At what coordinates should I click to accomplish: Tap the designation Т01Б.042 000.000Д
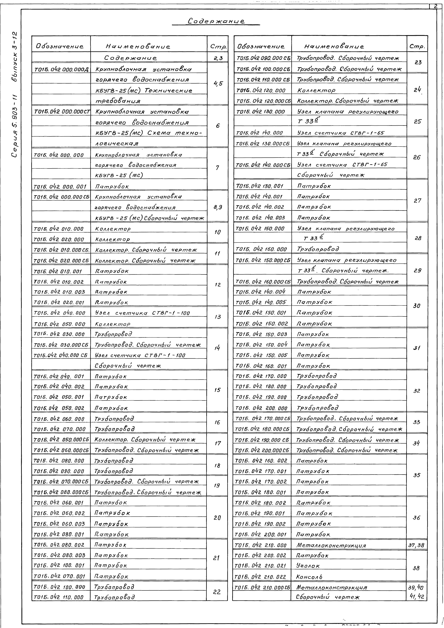[61, 69]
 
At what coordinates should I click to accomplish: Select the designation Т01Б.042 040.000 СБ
[60, 355]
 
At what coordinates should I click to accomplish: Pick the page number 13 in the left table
[217, 317]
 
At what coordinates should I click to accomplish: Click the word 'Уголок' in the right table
[308, 566]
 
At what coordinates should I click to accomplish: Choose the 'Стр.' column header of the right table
[417, 47]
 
